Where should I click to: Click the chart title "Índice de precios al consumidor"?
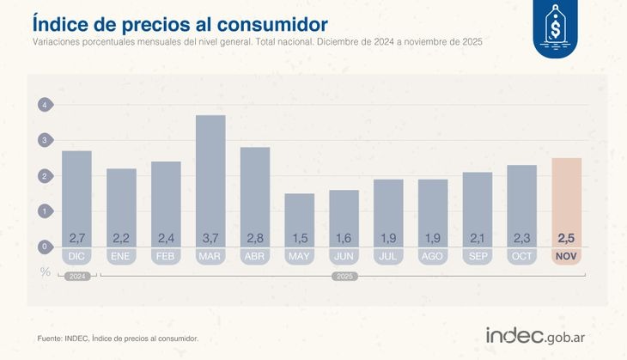tap(180, 20)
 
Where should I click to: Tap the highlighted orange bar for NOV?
tap(566, 202)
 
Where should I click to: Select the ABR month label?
tap(255, 256)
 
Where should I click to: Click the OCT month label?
tap(521, 256)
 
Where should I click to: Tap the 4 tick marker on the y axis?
tap(44, 105)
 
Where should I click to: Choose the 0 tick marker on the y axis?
tap(44, 247)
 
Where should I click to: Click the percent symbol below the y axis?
tap(45, 272)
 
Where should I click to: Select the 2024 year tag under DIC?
tap(76, 277)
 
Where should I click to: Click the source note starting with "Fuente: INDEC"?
tap(118, 339)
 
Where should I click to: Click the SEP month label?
tap(477, 256)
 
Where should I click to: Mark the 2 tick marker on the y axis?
tap(44, 176)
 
